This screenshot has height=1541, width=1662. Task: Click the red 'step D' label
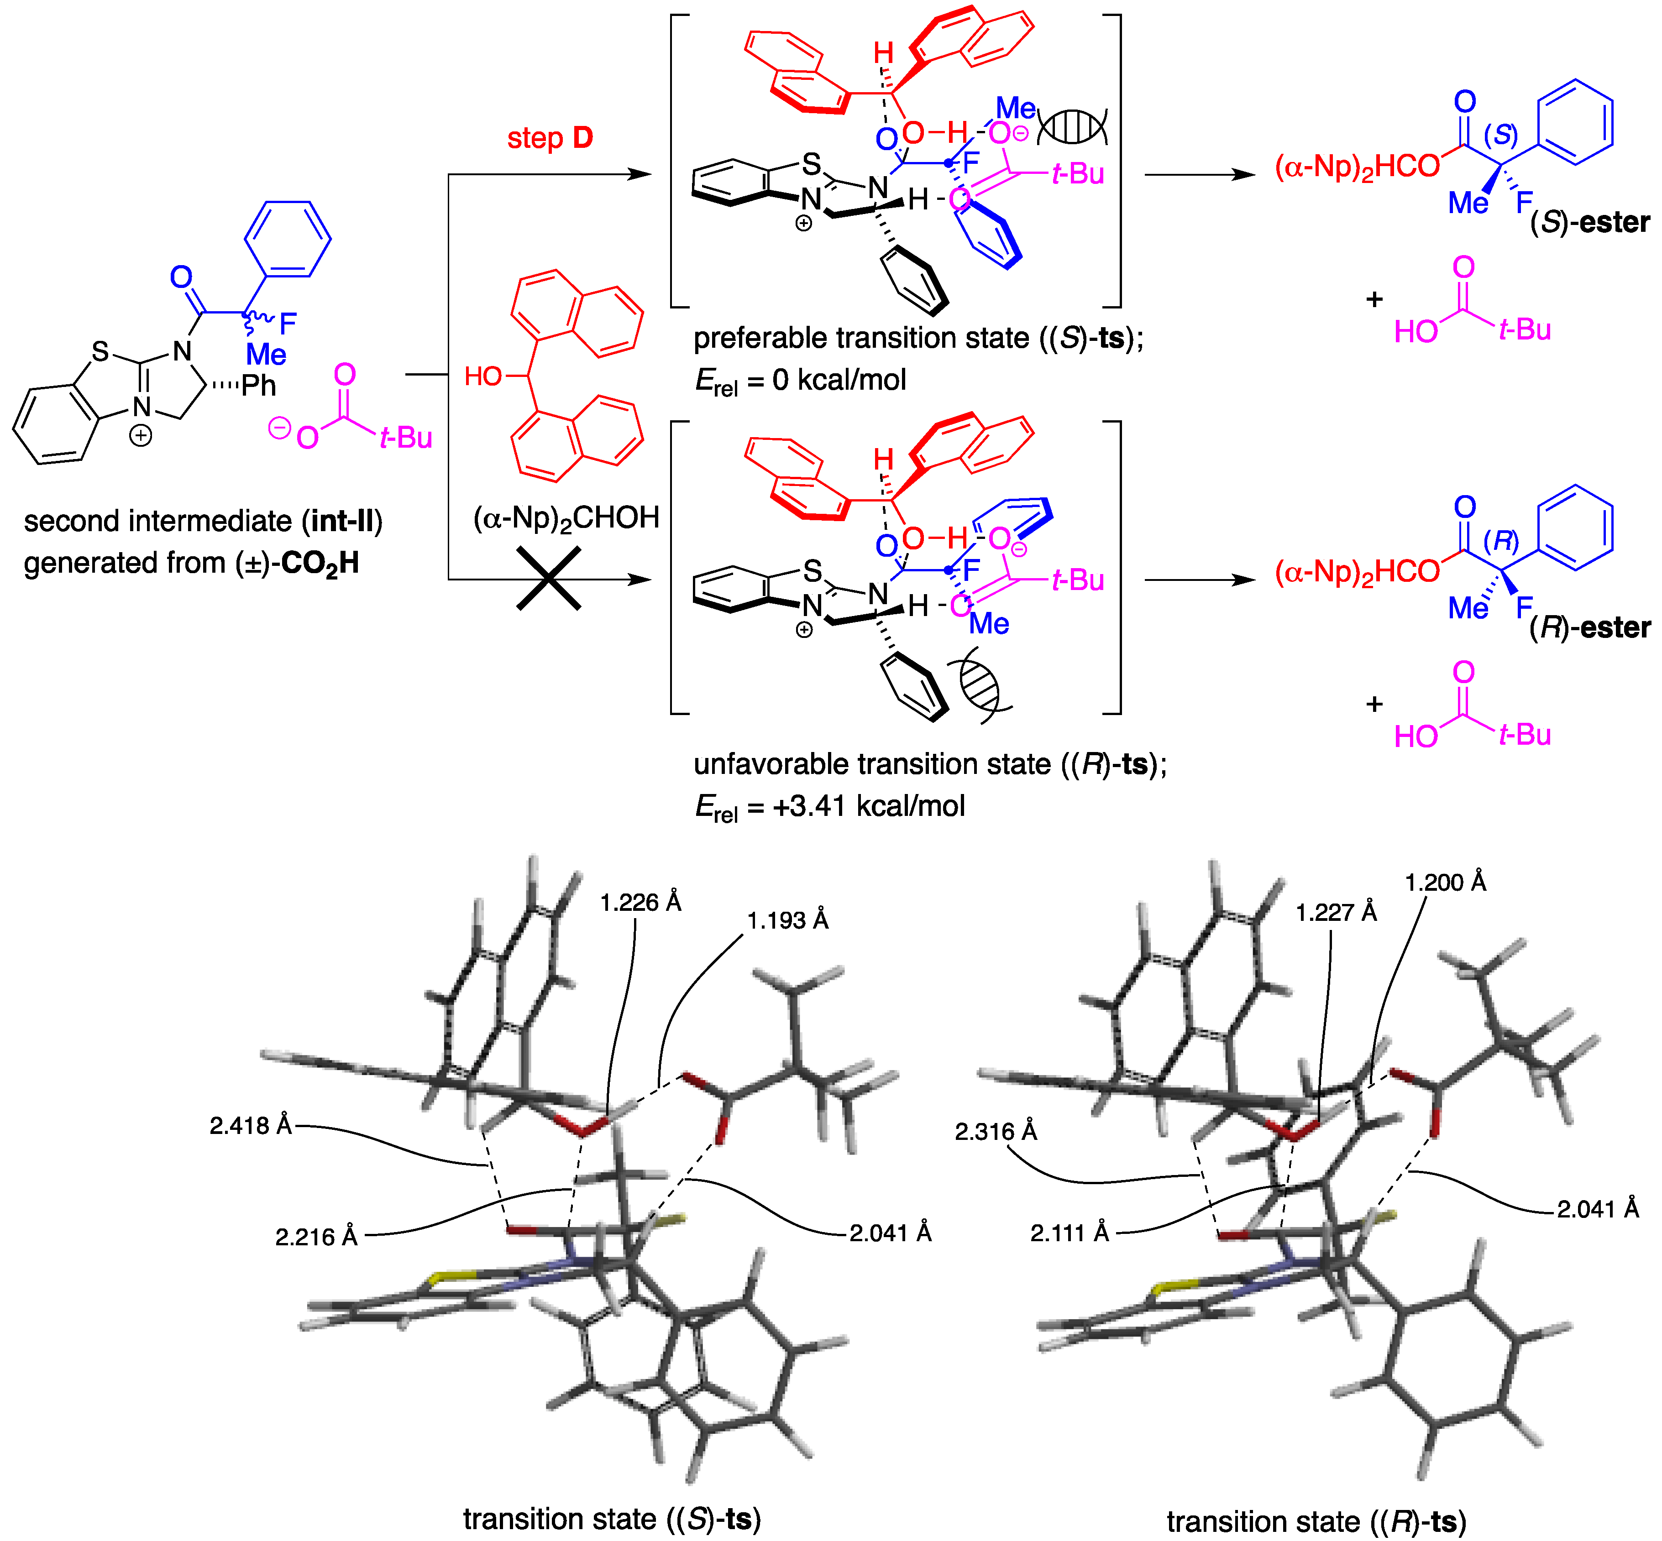click(x=550, y=138)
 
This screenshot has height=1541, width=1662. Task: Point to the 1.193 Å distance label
click(x=787, y=920)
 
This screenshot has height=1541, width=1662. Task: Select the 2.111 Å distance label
click(x=1070, y=1233)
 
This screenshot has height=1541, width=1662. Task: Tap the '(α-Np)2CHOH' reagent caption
click(x=566, y=518)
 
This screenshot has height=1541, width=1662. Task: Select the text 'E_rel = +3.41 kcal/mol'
click(x=830, y=806)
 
